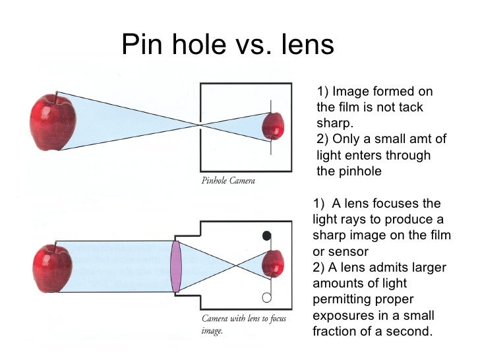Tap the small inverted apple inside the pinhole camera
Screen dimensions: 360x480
(x=273, y=125)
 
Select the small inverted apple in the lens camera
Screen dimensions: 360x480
(x=272, y=265)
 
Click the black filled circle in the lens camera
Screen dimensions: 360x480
(x=266, y=235)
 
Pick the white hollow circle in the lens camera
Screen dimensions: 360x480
(x=266, y=297)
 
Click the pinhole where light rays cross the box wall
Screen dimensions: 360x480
(x=200, y=124)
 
